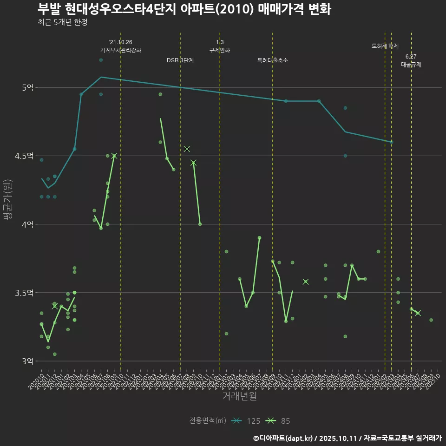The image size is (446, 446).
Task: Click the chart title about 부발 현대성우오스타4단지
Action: coord(184,9)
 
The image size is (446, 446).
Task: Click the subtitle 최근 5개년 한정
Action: coord(62,22)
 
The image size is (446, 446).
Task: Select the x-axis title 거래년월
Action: coord(239,396)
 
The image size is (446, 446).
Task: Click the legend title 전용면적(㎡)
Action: coord(208,421)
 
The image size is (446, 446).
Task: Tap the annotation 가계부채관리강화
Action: coord(121,50)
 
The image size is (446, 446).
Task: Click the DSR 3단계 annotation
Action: coord(180,60)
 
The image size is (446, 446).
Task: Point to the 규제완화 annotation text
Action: coord(220,50)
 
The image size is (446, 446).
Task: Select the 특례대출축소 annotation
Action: coord(273,60)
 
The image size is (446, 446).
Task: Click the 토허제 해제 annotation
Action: coord(385,46)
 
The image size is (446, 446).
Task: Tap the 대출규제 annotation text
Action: coord(411,65)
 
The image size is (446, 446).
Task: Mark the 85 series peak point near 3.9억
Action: coord(259,238)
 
